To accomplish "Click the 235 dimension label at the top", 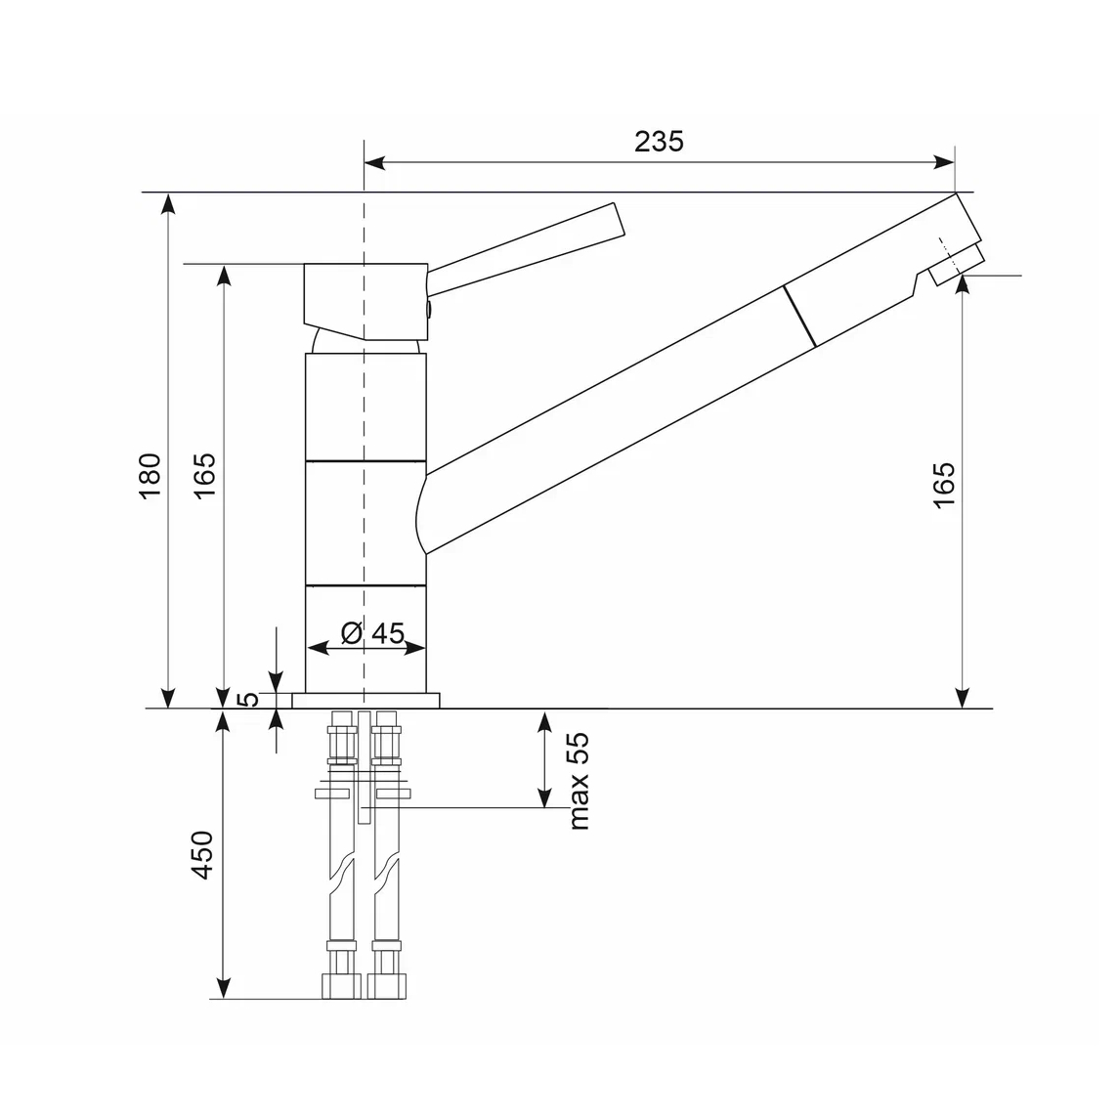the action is point(659,141).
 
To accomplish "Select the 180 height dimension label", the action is point(150,476).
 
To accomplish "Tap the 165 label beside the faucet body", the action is point(204,476).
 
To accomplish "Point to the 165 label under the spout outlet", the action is point(944,485).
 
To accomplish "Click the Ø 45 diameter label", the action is point(372,632).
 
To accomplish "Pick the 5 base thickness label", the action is point(248,699).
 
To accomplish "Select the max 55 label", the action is point(580,781).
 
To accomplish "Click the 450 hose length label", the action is point(203,855).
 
